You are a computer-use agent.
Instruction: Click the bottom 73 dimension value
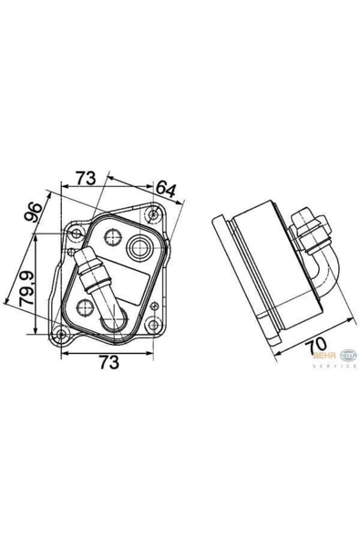pos(108,362)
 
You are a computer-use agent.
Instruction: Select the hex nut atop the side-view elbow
pos(309,225)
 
